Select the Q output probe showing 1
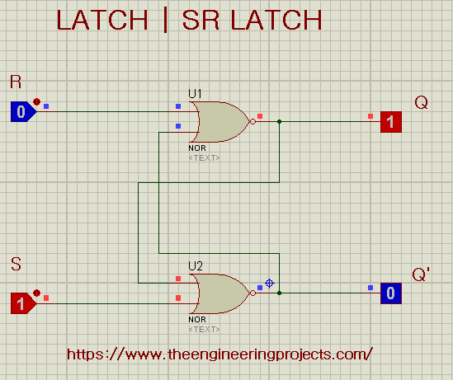pos(391,122)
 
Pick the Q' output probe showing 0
pos(391,293)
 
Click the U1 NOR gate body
pos(222,122)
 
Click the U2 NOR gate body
pos(222,293)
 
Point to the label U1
pos(195,94)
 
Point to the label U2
pos(196,265)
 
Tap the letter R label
pos(16,82)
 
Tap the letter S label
pos(16,264)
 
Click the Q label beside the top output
pos(421,102)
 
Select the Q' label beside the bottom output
pos(421,274)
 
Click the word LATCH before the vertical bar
pos(102,21)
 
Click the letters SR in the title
pos(201,21)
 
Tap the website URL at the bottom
pos(219,354)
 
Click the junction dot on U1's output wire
pos(279,122)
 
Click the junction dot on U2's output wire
pos(279,293)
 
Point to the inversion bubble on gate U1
pos(252,122)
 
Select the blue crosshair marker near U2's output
pos(270,284)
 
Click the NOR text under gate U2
pos(197,320)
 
